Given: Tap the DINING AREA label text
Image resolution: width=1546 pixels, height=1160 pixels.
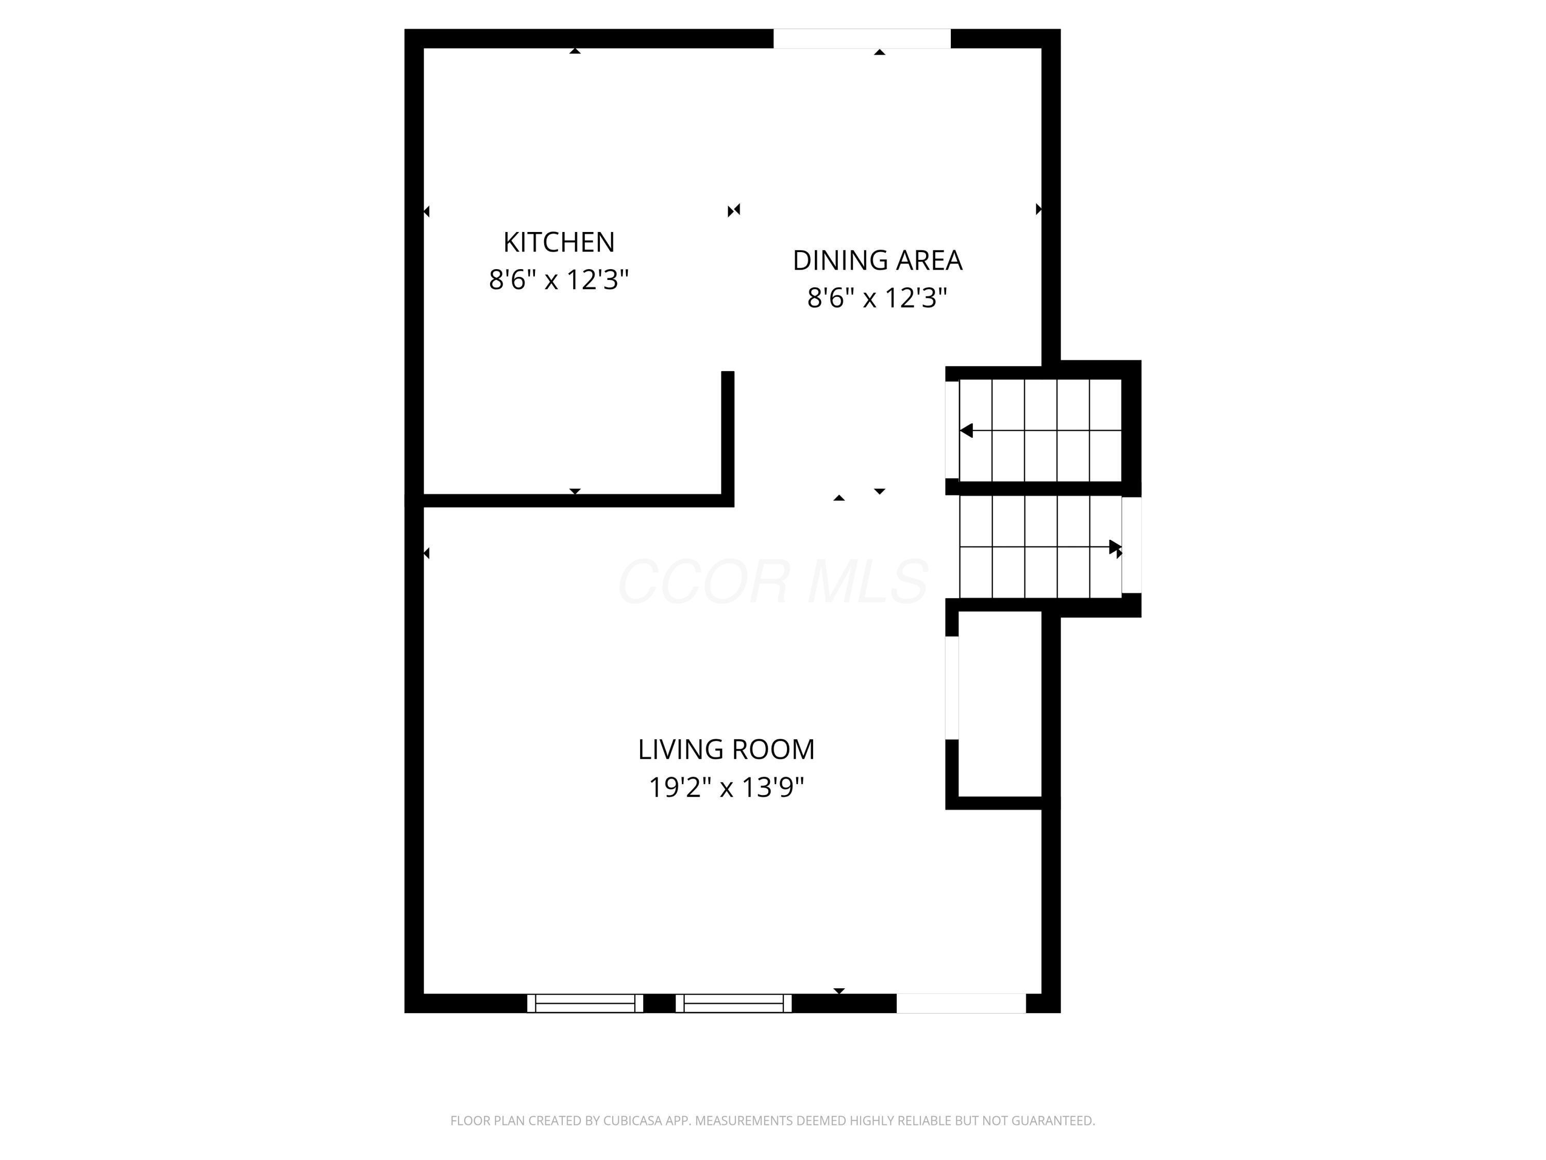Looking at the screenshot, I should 877,261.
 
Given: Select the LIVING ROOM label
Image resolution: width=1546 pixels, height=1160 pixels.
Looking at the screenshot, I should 726,750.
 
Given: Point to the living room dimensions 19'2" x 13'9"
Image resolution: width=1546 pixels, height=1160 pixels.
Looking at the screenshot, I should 726,788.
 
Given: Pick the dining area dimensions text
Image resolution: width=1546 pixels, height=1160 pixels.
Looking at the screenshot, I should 877,299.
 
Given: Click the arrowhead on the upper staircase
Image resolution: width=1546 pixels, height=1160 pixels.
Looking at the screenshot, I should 967,430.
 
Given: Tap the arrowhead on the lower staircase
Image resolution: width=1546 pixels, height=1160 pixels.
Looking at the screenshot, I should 1115,547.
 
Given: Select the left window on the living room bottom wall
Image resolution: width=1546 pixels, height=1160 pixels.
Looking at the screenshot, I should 585,1003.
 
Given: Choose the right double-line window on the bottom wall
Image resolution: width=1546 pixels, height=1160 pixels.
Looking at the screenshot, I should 733,1003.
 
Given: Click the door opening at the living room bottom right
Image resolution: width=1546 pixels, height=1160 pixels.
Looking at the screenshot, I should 961,1003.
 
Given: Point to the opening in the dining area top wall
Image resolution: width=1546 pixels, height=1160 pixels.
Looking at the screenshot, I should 862,39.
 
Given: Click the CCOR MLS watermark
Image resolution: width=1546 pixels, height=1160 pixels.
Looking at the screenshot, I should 773,582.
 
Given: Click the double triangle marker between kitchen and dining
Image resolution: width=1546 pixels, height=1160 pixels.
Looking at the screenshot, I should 734,210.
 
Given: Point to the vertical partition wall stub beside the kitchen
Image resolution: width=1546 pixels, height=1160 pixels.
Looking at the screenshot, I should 728,434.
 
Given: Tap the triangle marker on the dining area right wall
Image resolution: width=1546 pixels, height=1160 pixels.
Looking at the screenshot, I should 1038,209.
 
